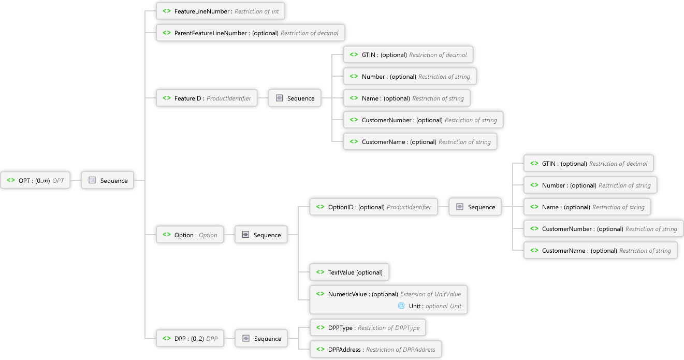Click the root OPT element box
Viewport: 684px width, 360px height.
[x=36, y=181]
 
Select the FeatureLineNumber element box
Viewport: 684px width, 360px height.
[x=221, y=11]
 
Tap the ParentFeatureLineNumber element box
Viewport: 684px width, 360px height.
[x=251, y=33]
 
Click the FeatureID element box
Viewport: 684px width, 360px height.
[x=207, y=98]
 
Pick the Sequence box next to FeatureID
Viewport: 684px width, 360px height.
[x=295, y=98]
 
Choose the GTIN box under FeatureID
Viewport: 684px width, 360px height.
[x=408, y=54]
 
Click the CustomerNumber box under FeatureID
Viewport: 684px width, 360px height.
[x=423, y=120]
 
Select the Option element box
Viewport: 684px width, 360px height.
[x=190, y=235]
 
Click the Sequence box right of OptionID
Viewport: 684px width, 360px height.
[x=475, y=207]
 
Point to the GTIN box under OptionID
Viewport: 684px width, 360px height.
[x=589, y=163]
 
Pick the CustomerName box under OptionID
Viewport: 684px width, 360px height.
[x=600, y=250]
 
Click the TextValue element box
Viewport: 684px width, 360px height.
[x=350, y=272]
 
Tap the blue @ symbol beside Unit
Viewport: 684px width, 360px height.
[x=401, y=306]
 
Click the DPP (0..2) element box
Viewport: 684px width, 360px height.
[x=190, y=338]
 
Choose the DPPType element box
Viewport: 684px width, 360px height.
[x=368, y=327]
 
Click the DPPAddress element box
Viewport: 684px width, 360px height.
[x=375, y=349]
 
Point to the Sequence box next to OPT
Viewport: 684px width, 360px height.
[x=108, y=181]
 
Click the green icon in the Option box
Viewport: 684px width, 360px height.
[x=167, y=235]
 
